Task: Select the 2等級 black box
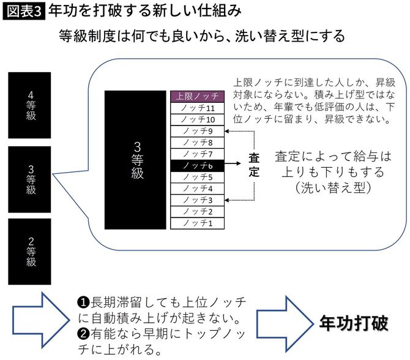(31, 252)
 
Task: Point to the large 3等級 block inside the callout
(138, 159)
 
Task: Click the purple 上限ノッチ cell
(198, 96)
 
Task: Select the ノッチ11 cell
(198, 108)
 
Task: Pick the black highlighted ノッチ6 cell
(198, 165)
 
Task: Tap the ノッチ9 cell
(198, 131)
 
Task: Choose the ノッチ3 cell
(198, 200)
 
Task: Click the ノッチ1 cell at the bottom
(198, 223)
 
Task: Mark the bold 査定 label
(254, 165)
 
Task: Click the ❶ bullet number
(83, 303)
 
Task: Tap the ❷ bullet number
(83, 336)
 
